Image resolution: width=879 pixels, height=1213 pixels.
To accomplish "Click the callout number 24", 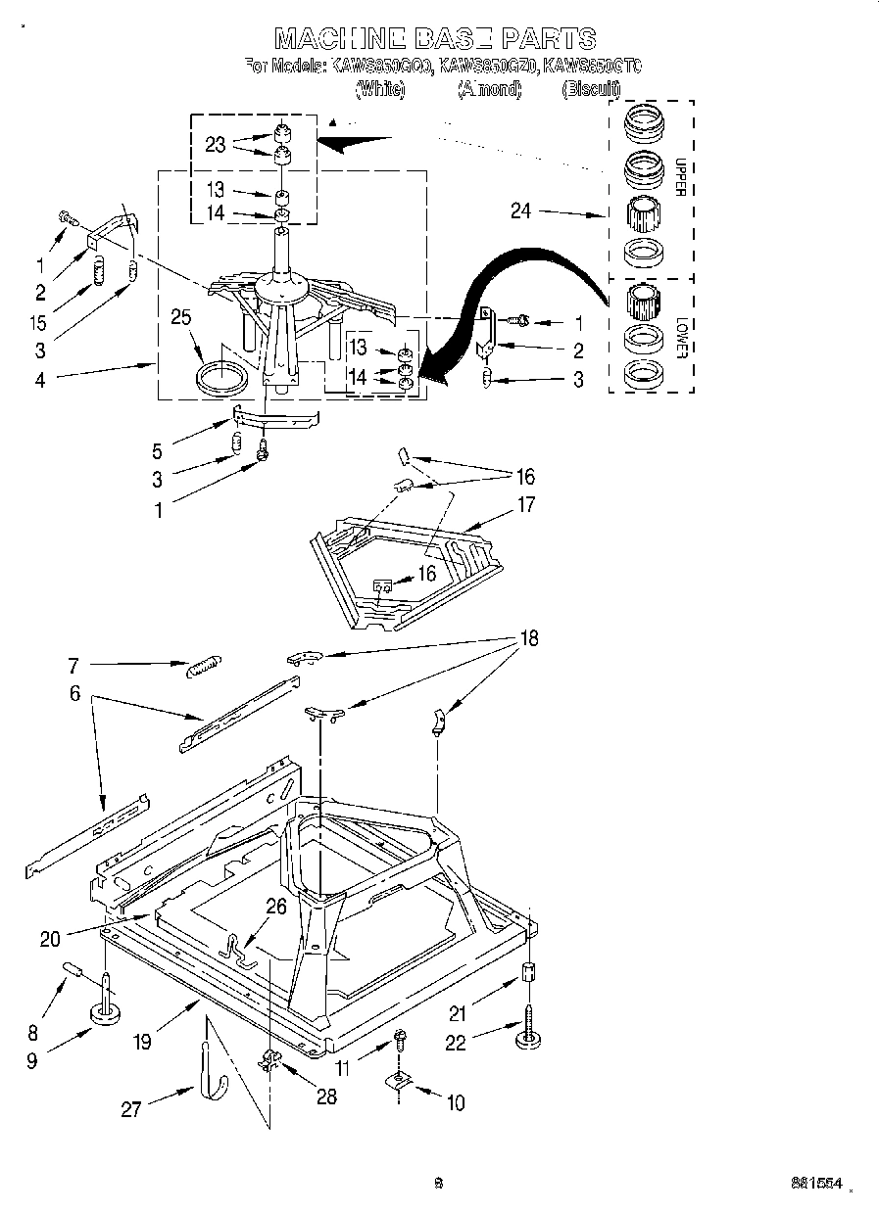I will click(x=520, y=210).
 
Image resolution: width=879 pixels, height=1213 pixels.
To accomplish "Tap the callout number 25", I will click(x=179, y=318).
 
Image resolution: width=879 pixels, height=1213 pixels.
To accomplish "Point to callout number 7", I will click(x=73, y=666).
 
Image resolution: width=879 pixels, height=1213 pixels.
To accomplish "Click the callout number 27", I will click(x=131, y=1108).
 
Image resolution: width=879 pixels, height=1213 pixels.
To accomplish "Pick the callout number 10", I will click(x=455, y=1103).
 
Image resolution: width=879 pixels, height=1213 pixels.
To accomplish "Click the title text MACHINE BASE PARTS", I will click(x=434, y=38).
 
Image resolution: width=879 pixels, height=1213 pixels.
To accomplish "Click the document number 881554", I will click(x=817, y=1183).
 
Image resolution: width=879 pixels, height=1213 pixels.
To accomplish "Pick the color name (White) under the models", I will click(x=379, y=88).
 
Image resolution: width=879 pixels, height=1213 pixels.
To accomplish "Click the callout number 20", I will click(x=50, y=939).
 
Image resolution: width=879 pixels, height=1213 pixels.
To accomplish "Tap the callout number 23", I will click(x=216, y=144).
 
